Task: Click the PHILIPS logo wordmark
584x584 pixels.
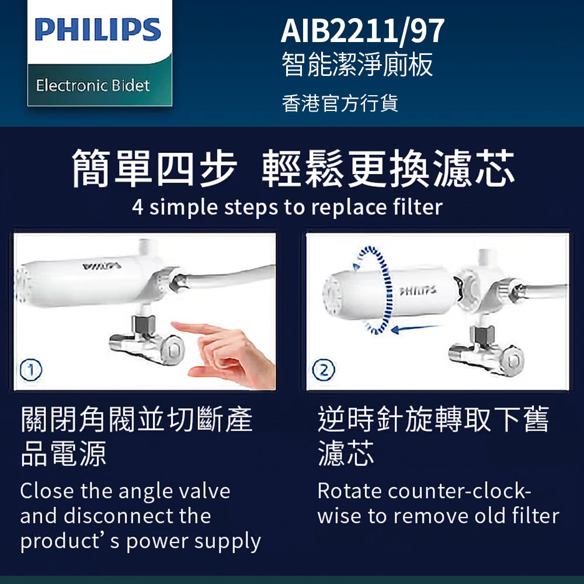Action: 98,30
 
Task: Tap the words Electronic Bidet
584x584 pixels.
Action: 93,86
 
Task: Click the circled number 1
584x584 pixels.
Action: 30,370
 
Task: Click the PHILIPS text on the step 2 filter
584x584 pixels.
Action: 417,290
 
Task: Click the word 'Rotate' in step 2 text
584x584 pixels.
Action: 349,491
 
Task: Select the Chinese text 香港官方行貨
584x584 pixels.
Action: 340,103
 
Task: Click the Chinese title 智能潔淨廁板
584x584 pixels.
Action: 357,65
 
